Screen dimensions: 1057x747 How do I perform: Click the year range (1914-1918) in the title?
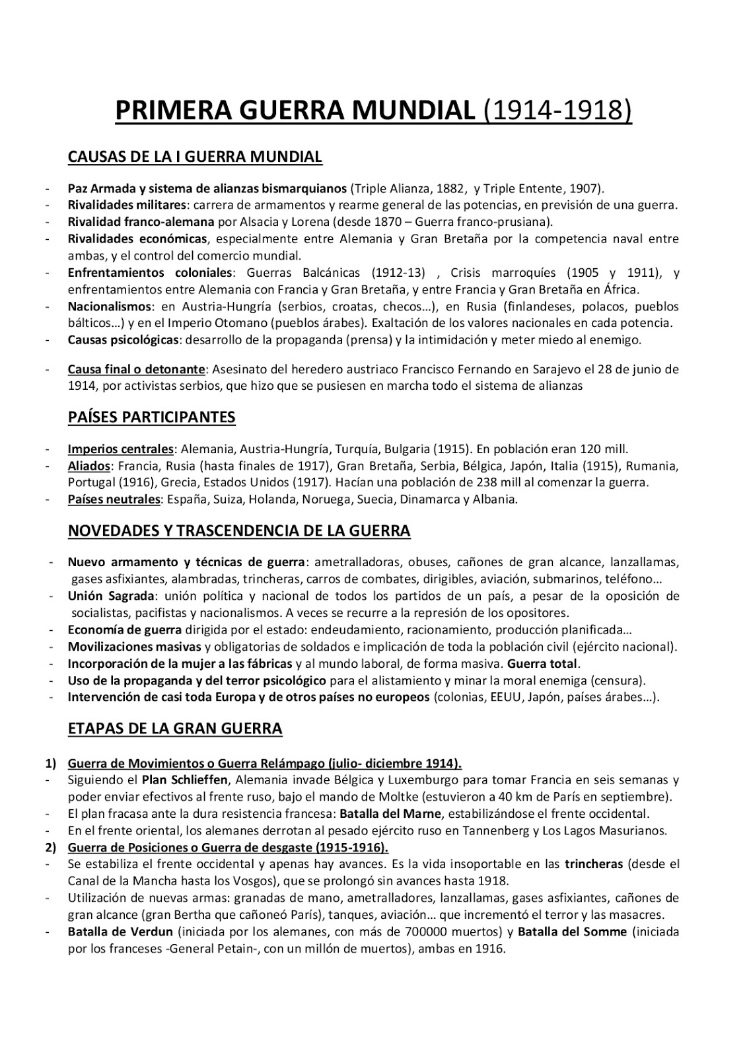(x=557, y=110)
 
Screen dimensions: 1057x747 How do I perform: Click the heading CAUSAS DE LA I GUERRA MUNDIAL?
(x=195, y=157)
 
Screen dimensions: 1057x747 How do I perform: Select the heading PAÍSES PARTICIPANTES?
(x=151, y=418)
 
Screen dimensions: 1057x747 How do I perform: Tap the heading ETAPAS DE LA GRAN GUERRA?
(x=174, y=729)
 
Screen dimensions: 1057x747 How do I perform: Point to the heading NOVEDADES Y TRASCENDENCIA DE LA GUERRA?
(x=238, y=530)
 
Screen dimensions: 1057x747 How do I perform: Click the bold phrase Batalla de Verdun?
(x=120, y=932)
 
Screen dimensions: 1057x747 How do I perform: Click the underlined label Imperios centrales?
(x=121, y=449)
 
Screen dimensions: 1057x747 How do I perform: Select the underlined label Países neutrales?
(x=114, y=499)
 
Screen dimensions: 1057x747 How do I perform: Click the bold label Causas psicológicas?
(x=124, y=340)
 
